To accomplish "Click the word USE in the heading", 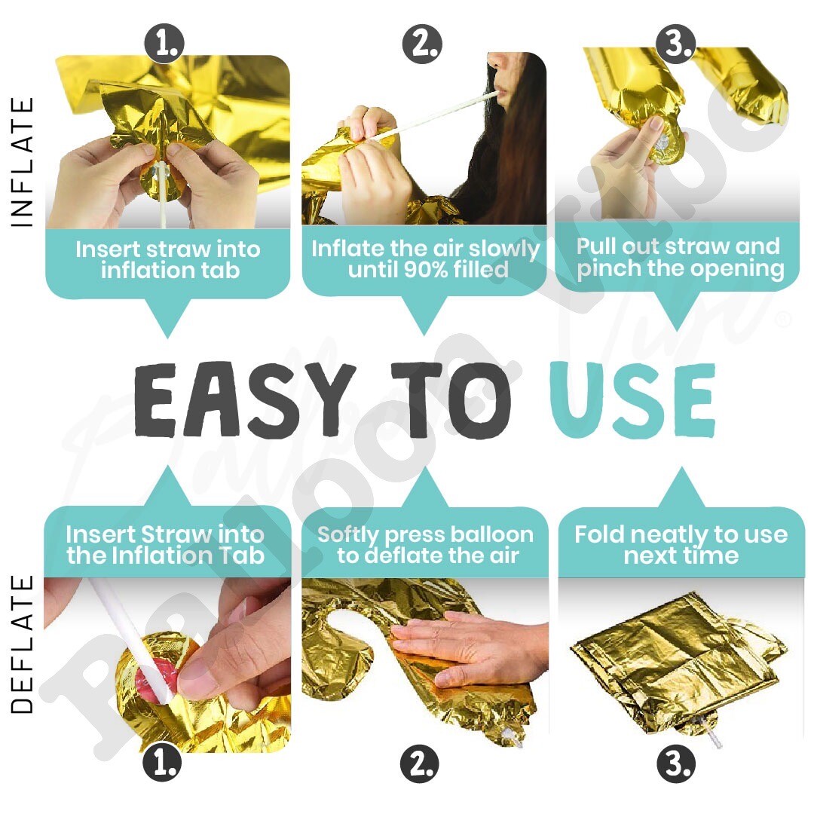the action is (x=632, y=399).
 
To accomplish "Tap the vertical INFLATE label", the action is (x=23, y=162).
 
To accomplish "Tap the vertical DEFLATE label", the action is (x=23, y=644).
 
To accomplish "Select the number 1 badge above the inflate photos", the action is (x=164, y=44).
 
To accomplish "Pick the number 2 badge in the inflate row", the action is (x=422, y=44).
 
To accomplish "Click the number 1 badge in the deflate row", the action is (x=162, y=764).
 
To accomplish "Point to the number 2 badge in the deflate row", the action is (x=420, y=764).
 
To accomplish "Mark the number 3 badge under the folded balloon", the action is (x=676, y=764).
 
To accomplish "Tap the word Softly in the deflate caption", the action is (x=347, y=535).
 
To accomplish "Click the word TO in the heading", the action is (x=451, y=399).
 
